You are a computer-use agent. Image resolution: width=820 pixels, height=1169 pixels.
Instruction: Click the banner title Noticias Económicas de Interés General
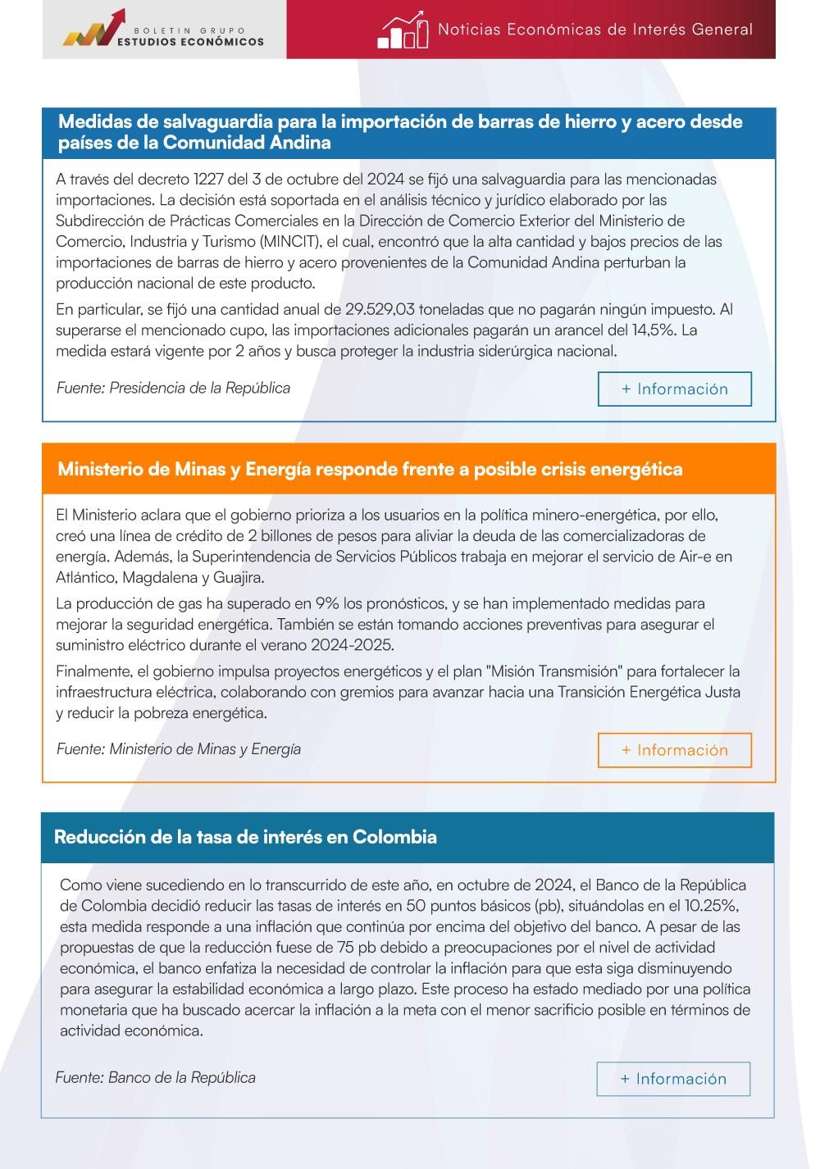point(594,30)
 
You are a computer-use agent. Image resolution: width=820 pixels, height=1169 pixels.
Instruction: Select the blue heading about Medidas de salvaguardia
point(400,132)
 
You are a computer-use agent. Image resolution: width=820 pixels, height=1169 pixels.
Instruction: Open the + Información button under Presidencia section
point(674,389)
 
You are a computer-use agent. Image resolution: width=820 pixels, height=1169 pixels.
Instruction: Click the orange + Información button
point(674,750)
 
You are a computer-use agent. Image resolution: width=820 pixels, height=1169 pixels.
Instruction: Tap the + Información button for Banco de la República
point(673,1079)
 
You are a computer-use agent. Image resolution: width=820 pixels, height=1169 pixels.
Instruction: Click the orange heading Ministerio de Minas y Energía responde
point(370,470)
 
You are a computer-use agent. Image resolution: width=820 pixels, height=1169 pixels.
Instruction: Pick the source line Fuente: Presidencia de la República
point(173,388)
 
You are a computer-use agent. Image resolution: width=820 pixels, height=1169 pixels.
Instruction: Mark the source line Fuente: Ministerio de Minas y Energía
point(179,748)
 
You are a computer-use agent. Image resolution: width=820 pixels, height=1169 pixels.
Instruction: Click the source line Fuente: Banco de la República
point(156,1077)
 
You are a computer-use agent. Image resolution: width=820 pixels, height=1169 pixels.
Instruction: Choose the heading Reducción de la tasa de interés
point(245,837)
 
